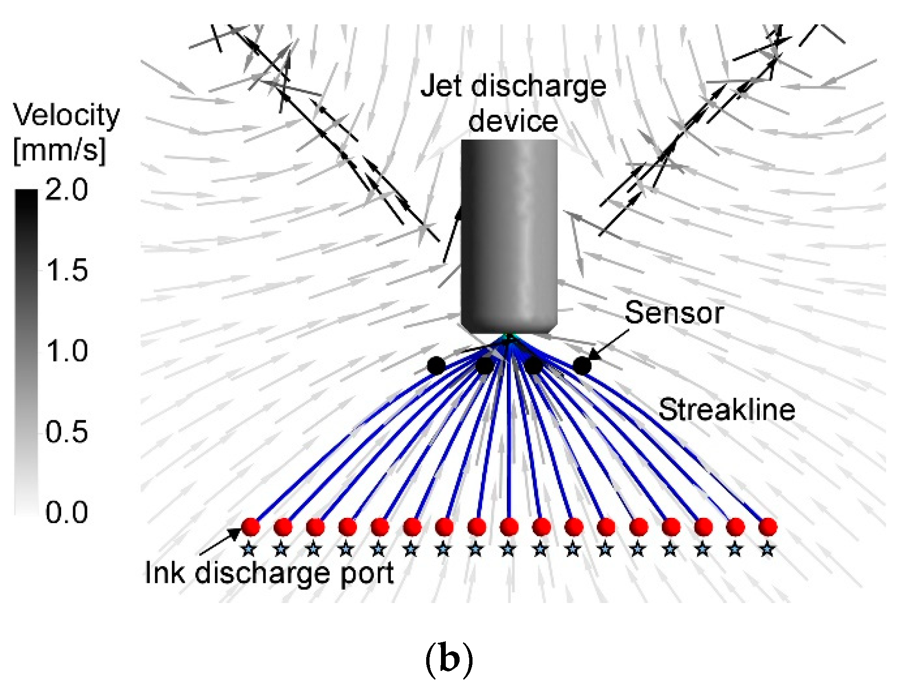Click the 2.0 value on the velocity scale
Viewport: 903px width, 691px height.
(67, 190)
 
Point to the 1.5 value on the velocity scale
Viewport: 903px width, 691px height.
(67, 271)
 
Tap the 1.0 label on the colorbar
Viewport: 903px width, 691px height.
(67, 351)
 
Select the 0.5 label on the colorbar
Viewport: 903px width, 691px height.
(67, 432)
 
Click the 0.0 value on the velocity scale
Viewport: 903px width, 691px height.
(67, 513)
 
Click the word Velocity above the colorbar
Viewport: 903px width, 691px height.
(66, 116)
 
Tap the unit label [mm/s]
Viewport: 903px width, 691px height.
(59, 150)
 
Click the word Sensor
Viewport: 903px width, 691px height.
(674, 313)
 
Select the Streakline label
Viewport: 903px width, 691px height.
(726, 410)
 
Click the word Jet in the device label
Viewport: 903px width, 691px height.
(441, 87)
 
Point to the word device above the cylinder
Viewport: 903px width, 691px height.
(513, 121)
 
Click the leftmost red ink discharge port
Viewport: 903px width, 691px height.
(250, 527)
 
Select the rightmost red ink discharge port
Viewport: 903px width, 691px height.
(767, 527)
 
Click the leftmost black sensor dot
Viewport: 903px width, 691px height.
(436, 366)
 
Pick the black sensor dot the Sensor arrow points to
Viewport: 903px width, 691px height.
(581, 366)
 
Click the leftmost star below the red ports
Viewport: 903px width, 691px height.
(248, 549)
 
